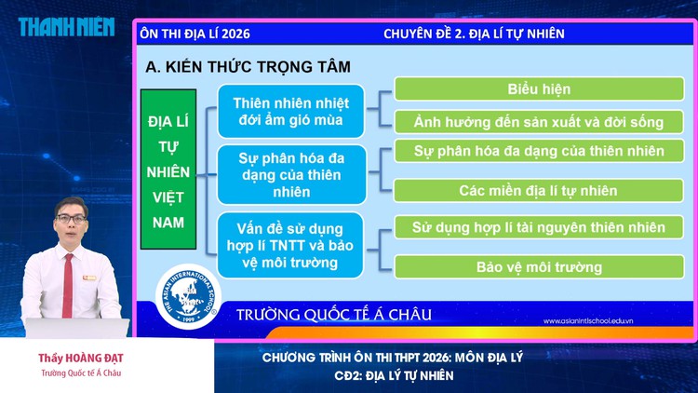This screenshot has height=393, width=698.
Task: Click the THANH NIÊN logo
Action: coord(66,26)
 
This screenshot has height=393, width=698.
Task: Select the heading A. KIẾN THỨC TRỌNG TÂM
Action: coord(248,67)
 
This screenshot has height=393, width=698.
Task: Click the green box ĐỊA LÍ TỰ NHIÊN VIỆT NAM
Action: coord(168,170)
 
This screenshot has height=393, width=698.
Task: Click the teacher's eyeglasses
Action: coord(71,218)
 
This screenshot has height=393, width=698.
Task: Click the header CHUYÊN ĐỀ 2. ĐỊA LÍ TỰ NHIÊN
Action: coord(474,34)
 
